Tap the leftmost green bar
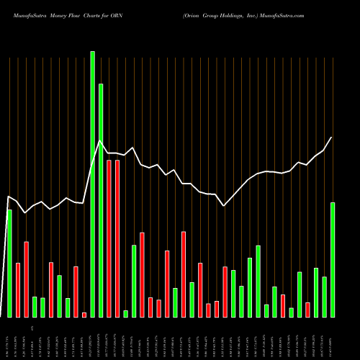click(9, 263)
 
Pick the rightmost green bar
click(333, 259)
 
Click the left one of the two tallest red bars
click(109, 238)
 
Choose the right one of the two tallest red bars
click(117, 238)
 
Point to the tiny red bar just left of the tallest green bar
click(84, 315)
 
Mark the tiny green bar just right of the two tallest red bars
click(125, 313)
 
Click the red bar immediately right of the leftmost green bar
click(18, 289)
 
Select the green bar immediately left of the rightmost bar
click(325, 297)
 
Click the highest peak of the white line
click(99, 141)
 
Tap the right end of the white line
click(332, 137)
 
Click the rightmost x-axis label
click(333, 343)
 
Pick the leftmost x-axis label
click(9, 343)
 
